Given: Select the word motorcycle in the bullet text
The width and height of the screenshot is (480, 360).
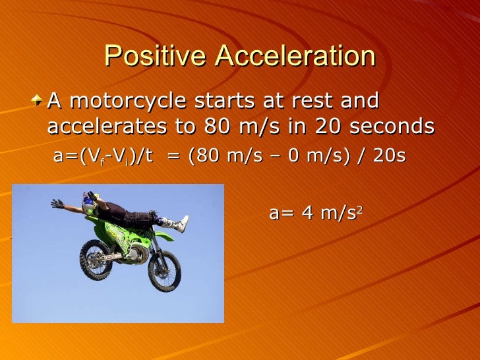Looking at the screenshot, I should (143, 102).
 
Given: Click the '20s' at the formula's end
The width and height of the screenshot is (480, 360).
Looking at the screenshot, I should (392, 157).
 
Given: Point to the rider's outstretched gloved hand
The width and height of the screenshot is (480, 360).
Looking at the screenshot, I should (58, 204).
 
